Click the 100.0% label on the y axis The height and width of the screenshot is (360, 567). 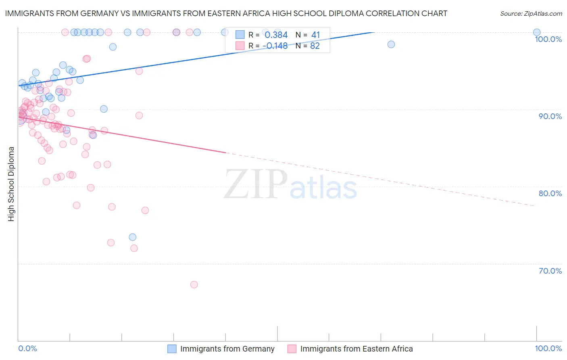pos(548,39)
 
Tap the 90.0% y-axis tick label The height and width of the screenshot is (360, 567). pos(550,116)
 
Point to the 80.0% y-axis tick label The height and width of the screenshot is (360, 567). pos(550,193)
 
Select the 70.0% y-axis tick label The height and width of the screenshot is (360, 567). pos(550,271)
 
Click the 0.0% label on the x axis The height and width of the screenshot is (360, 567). pos(27,348)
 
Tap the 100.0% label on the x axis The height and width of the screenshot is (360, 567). pos(548,348)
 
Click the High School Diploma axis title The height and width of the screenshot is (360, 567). pos(11,184)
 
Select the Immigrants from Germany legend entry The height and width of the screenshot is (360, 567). pos(227,349)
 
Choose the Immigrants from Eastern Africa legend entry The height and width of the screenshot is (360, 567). pos(356,349)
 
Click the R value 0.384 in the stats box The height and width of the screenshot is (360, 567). pos(276,35)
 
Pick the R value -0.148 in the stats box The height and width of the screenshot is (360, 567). pos(275,46)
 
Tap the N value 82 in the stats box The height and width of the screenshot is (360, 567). pos(315,46)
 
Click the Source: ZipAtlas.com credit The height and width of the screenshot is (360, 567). pos(531,13)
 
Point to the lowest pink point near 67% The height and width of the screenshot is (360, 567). pos(194,285)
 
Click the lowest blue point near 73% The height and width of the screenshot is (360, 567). pos(133,237)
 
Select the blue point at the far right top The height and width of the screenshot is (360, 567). pos(537,32)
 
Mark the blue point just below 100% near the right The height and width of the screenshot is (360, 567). pos(391,44)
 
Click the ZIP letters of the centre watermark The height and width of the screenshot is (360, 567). pos(256,184)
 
